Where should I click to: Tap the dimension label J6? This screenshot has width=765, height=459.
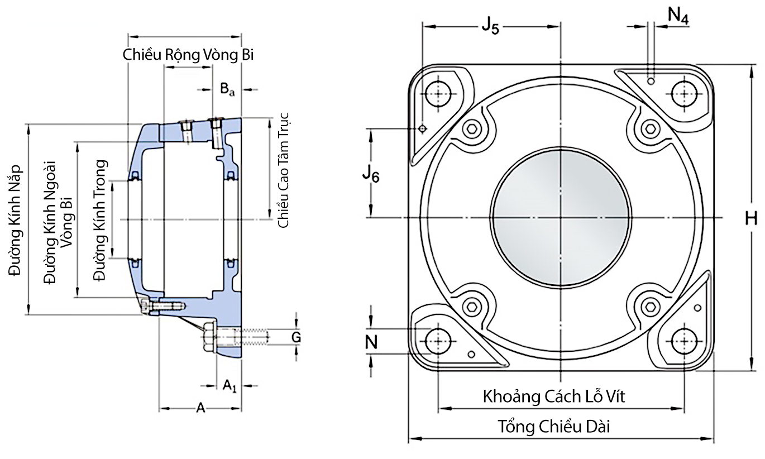tap(370, 174)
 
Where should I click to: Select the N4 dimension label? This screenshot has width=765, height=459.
tap(678, 17)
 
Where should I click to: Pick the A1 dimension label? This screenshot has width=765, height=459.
tap(230, 385)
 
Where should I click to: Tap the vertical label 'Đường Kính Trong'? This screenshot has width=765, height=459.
tap(101, 220)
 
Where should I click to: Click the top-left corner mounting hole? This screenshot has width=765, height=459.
tap(438, 94)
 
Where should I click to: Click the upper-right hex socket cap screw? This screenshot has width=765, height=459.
tap(652, 130)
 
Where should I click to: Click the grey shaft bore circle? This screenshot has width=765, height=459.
tap(561, 218)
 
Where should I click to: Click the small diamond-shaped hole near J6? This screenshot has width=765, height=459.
tap(423, 129)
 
